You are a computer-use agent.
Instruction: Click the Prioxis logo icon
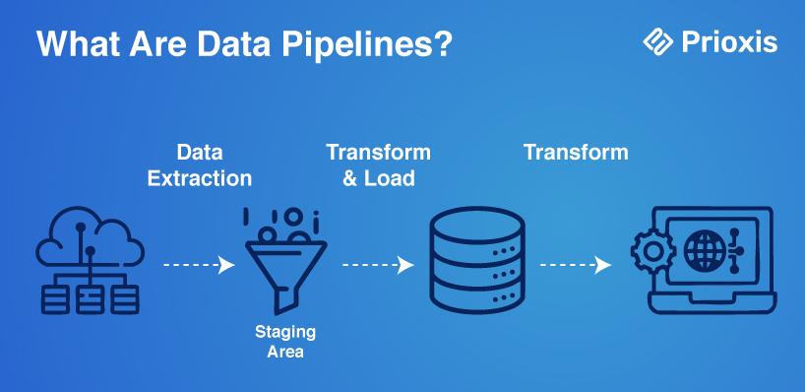coord(657,41)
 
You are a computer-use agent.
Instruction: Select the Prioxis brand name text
coord(729,42)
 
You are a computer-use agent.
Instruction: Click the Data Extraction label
coord(199,164)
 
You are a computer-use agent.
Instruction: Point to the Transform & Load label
coord(378,164)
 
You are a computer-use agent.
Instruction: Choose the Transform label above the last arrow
coord(576,152)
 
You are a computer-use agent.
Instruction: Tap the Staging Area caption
coord(285,342)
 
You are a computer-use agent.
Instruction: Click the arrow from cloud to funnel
coord(199,265)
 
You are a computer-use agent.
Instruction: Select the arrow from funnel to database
coord(378,265)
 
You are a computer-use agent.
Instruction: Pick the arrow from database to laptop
coord(576,265)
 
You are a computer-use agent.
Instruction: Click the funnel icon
coord(285,261)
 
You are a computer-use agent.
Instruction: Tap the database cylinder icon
coord(477,260)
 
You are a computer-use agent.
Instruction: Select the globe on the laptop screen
coord(705,251)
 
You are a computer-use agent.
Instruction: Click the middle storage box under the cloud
coord(90,300)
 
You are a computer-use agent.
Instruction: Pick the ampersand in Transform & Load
coord(349,178)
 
